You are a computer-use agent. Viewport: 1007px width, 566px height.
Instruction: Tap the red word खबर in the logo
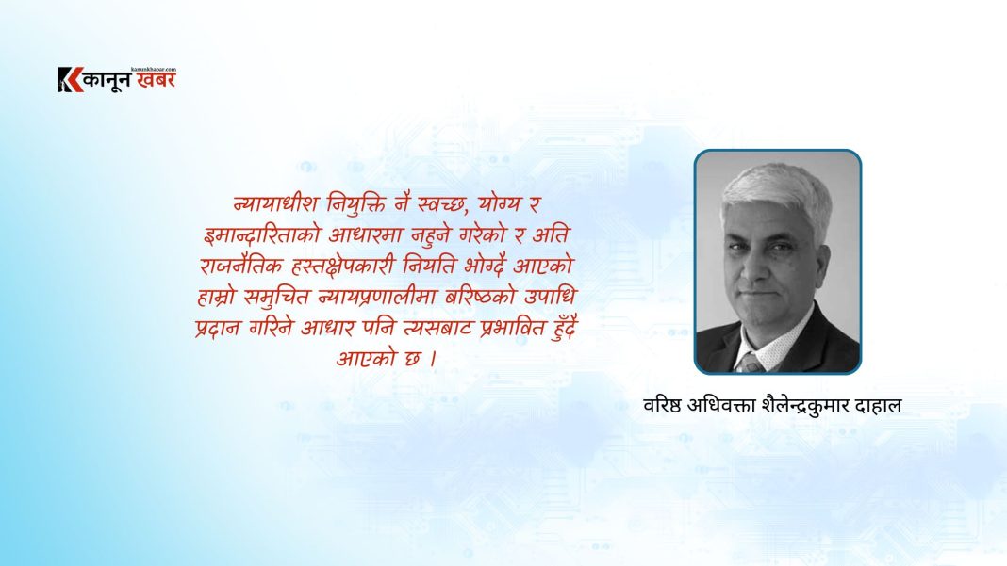point(156,80)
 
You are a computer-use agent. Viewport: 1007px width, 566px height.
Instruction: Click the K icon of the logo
point(70,79)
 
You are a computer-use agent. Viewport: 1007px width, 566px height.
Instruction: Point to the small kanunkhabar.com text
point(153,69)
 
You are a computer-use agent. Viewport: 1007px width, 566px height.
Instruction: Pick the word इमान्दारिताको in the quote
point(261,234)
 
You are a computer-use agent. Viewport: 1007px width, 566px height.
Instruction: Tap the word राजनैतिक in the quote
point(241,265)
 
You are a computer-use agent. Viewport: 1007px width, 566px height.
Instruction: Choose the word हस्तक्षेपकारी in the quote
point(343,266)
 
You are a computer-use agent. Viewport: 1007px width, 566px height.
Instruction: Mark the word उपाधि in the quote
point(551,297)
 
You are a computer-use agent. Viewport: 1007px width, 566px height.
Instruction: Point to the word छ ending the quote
point(412,358)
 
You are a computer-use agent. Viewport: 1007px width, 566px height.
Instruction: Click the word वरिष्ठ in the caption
point(662,406)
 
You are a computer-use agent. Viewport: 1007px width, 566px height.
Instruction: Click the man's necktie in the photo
point(750,364)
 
